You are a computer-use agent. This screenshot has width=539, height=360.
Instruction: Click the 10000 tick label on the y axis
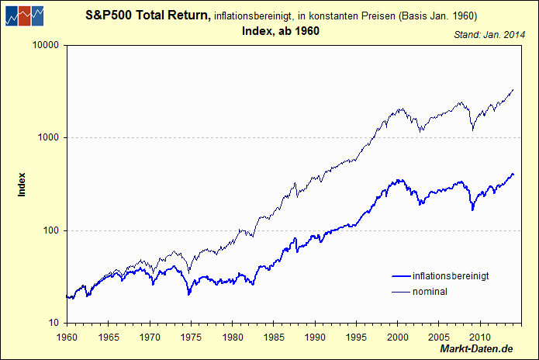tap(47, 45)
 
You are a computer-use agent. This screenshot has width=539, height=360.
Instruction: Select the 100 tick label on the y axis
tap(52, 230)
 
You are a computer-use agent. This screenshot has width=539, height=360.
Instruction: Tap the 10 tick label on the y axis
tap(54, 323)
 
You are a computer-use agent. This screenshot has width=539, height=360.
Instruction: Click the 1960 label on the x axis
tap(67, 337)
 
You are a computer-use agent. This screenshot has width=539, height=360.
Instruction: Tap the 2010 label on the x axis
tap(480, 337)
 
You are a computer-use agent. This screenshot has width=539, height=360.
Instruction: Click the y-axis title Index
tap(22, 184)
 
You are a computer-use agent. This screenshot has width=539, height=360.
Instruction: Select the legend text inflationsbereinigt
tap(451, 276)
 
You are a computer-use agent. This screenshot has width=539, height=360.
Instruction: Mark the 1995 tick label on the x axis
tap(356, 337)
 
